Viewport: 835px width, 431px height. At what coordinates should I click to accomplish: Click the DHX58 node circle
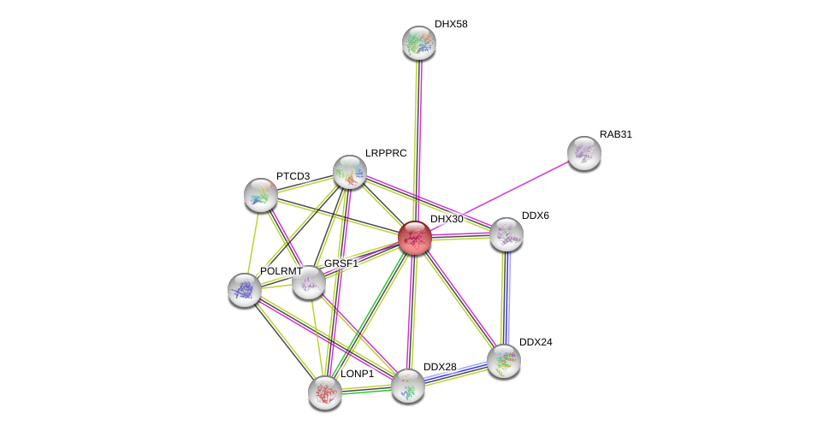click(x=419, y=43)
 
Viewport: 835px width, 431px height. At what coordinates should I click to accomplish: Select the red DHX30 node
click(x=415, y=238)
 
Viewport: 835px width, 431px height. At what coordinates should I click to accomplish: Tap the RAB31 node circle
click(x=584, y=153)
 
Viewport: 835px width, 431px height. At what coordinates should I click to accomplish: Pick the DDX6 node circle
click(x=506, y=234)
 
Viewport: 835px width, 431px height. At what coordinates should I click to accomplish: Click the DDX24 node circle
click(x=503, y=361)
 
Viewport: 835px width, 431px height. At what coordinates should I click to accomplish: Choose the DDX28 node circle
click(x=408, y=386)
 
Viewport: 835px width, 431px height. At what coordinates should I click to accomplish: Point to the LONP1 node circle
click(x=325, y=393)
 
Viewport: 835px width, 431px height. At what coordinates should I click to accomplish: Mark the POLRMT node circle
click(x=245, y=290)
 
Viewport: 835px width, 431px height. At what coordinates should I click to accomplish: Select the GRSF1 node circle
click(x=309, y=282)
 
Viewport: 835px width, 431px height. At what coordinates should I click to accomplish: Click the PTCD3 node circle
click(x=261, y=195)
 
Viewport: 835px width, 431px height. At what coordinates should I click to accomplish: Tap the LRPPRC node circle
click(x=350, y=172)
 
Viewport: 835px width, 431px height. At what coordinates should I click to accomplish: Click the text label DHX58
click(x=451, y=24)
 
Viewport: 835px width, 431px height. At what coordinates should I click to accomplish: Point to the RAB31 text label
click(x=615, y=134)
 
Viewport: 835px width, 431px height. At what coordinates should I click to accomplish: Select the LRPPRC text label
click(x=386, y=153)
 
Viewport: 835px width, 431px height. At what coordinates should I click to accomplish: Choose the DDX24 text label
click(x=538, y=342)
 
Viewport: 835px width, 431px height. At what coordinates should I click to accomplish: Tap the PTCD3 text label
click(x=293, y=176)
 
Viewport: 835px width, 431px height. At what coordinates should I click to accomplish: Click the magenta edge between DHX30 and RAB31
click(x=500, y=196)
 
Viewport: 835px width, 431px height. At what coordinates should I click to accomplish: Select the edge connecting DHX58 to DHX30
click(x=417, y=137)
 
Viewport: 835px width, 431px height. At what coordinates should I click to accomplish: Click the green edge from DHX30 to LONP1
click(x=370, y=315)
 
